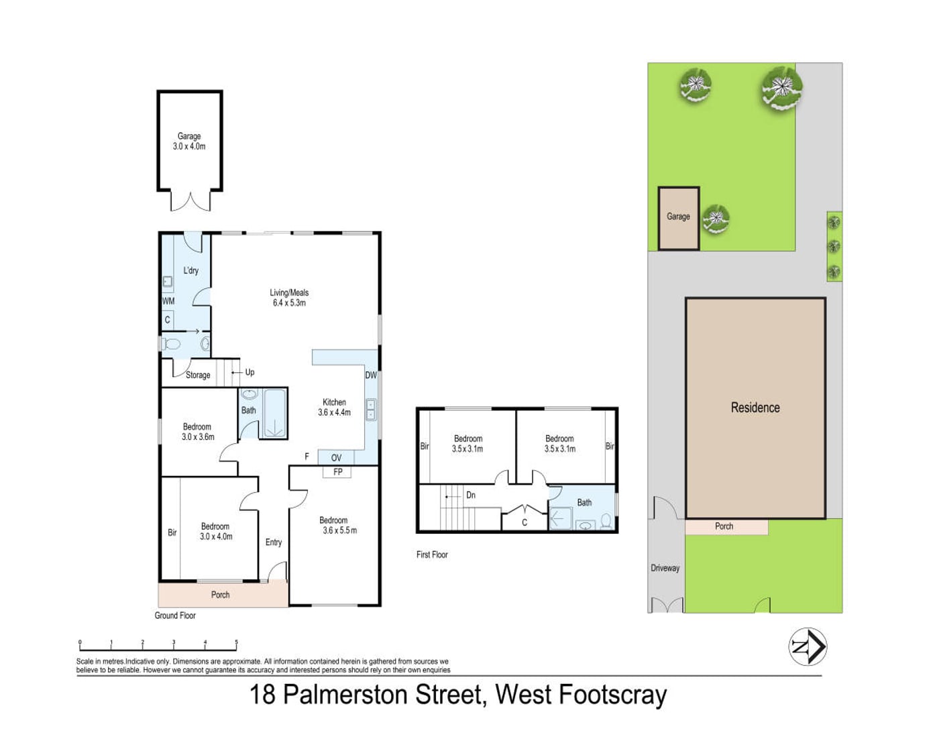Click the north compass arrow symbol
808,646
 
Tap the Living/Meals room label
289,292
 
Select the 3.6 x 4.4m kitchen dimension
334,412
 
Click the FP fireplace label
338,471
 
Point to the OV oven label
336,458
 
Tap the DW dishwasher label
371,375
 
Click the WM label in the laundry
168,300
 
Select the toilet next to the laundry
171,344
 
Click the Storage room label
198,375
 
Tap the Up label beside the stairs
250,372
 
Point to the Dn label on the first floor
471,496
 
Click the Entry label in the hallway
274,542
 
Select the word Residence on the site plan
755,408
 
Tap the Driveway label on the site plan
665,568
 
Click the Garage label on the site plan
678,217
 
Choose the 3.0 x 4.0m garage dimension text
189,146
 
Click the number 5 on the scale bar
237,642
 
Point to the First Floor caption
432,555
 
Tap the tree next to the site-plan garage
716,219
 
